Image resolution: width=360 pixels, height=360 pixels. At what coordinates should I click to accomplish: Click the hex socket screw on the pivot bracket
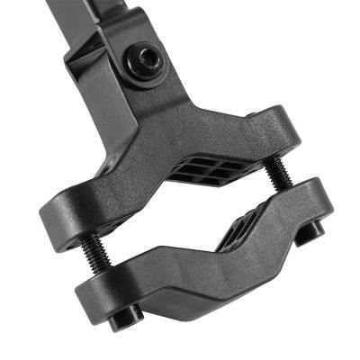point(145,63)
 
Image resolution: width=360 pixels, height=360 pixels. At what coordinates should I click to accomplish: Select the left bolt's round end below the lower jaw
point(123,316)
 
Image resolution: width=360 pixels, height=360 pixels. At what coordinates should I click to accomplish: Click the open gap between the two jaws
point(180,225)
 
